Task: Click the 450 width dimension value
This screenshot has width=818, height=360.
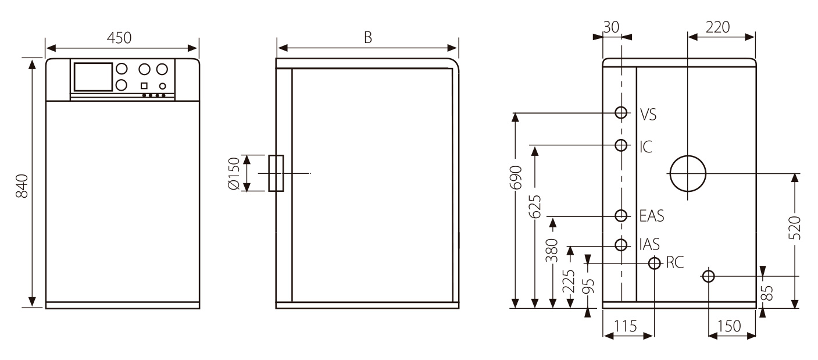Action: point(119,37)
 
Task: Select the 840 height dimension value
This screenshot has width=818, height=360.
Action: point(22,185)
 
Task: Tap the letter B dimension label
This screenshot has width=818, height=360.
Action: point(367,37)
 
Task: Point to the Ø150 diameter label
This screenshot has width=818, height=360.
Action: point(234,173)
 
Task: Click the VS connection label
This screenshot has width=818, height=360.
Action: point(648,115)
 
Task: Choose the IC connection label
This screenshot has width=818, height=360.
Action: point(645,146)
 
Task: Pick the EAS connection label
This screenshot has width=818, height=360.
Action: point(651,216)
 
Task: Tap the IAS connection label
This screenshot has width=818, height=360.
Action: point(649,244)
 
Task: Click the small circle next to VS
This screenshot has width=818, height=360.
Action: point(621,113)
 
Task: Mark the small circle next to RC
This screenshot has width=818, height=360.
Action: point(655,263)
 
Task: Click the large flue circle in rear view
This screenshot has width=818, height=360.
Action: point(687,173)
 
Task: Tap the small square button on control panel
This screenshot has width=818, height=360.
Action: point(144,86)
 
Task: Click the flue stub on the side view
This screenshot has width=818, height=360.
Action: point(276,173)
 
